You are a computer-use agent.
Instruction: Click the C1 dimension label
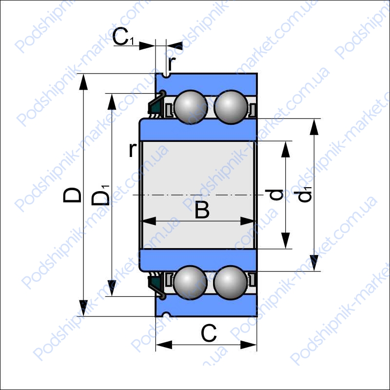click(x=123, y=37)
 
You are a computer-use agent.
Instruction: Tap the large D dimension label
click(x=72, y=195)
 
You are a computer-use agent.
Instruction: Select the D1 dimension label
click(x=101, y=195)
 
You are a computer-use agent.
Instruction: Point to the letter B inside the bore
click(x=202, y=210)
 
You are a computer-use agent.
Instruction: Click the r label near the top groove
click(x=172, y=63)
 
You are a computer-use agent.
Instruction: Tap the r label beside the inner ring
click(x=133, y=150)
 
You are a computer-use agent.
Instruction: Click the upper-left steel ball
click(x=191, y=107)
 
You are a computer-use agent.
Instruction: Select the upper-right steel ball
click(x=231, y=107)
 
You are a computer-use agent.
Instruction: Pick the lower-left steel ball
click(x=190, y=283)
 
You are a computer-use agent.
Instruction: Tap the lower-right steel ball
click(x=231, y=283)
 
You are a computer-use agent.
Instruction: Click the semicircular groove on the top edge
click(x=166, y=75)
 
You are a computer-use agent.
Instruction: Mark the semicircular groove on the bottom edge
click(x=166, y=314)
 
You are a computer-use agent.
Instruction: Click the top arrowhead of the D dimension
click(x=83, y=81)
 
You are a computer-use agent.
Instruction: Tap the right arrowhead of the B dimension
click(x=248, y=221)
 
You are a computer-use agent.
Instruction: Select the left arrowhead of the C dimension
click(x=164, y=345)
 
